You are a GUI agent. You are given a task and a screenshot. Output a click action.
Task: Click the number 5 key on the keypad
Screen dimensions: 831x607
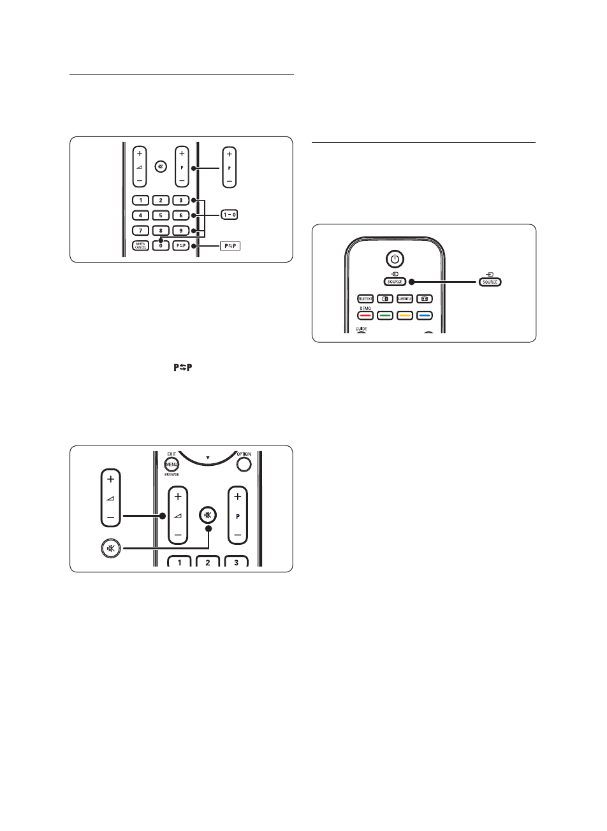pos(161,215)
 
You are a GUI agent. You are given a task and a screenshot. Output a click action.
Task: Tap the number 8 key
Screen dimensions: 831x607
pos(161,230)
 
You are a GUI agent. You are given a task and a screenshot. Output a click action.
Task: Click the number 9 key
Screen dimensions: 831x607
pos(181,230)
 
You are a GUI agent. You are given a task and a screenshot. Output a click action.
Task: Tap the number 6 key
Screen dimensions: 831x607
pos(181,215)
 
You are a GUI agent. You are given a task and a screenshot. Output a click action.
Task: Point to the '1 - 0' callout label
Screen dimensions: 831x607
pos(230,215)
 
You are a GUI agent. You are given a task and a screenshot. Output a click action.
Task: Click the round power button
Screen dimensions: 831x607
pos(395,259)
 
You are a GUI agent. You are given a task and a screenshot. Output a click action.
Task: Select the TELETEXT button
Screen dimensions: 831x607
pos(365,298)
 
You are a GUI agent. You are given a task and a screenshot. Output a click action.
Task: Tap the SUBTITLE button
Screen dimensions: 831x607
pos(406,298)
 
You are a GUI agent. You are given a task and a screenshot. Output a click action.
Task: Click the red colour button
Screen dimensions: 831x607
pos(365,315)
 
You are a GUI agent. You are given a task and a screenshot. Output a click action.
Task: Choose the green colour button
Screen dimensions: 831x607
pos(385,315)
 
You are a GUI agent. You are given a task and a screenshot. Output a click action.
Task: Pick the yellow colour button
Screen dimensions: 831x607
pos(406,315)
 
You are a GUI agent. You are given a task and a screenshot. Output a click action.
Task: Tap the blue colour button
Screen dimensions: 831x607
pos(425,315)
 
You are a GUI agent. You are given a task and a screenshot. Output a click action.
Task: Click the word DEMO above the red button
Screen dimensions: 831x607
pos(364,307)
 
